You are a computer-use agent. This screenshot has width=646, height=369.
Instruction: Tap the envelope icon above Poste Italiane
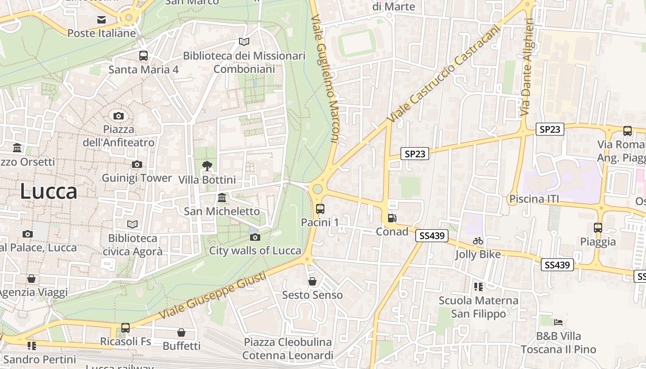tap(102, 20)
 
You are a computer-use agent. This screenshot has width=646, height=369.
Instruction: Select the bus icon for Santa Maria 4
tap(144, 56)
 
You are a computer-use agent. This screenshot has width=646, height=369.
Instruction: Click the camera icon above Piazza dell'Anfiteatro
tap(119, 116)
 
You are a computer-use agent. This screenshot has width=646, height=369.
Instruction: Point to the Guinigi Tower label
tap(137, 178)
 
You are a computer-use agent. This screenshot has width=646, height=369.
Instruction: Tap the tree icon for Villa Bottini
tap(207, 166)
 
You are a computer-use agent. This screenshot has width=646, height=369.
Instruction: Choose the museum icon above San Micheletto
tap(222, 197)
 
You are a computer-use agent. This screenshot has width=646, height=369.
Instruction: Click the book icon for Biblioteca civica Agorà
tap(132, 224)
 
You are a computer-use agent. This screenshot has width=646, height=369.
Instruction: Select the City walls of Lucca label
tap(255, 251)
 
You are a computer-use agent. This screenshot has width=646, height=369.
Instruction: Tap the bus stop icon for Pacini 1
tap(320, 208)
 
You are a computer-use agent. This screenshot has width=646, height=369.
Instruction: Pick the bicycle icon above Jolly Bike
tap(478, 241)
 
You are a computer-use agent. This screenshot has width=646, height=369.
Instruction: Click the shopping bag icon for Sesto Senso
tap(312, 281)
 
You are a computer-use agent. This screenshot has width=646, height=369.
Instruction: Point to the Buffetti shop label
tap(182, 346)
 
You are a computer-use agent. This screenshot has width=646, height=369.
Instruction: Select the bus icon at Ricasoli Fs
tap(126, 328)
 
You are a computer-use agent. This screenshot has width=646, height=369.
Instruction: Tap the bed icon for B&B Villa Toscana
tap(558, 322)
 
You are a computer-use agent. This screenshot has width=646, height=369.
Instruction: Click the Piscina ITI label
tap(533, 199)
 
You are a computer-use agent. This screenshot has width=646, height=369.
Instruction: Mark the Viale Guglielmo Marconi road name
tap(325, 78)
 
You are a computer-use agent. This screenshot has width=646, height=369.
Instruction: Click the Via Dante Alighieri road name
tap(526, 67)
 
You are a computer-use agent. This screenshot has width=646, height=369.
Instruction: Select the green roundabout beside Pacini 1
tap(317, 189)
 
